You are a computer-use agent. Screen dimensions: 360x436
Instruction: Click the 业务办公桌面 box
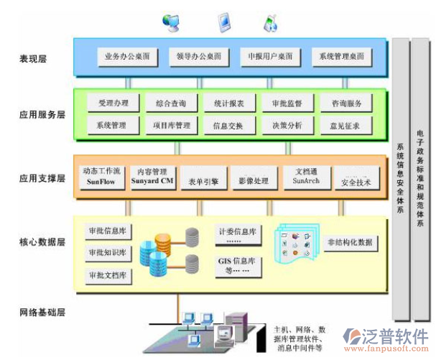point(126,56)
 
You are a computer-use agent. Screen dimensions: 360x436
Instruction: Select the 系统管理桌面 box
point(341,56)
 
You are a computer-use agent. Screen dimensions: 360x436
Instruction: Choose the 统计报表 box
point(228,103)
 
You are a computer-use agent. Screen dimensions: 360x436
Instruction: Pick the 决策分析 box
point(287,126)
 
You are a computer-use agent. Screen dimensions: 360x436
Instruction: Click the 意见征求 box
point(345,126)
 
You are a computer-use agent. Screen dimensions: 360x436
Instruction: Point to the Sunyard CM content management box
point(153,177)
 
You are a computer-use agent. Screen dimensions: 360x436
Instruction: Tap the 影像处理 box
point(254,180)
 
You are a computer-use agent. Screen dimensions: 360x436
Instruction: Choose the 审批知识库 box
point(108,253)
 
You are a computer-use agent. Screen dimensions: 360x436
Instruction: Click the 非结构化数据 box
point(349,242)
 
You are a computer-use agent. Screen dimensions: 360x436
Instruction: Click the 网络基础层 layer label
point(42,313)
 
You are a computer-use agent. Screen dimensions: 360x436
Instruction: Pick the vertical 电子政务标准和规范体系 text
point(421,180)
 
